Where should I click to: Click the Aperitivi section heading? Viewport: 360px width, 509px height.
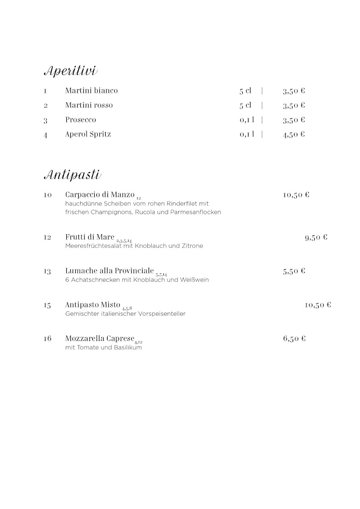point(70,71)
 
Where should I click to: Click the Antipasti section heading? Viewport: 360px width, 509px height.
point(72,174)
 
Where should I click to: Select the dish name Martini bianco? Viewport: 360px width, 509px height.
point(91,90)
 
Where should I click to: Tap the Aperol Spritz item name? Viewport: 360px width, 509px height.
point(88,134)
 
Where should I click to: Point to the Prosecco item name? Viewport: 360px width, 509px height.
point(81,120)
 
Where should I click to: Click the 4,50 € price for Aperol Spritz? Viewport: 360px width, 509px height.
point(294,134)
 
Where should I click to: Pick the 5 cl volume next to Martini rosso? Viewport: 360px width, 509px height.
point(245,105)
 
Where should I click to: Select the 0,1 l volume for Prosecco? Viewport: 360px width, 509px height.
point(247,120)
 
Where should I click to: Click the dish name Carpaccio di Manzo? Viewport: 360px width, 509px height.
point(100,195)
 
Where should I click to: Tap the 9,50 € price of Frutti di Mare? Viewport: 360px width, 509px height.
point(316,238)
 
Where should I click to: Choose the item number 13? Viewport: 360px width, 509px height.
point(47,271)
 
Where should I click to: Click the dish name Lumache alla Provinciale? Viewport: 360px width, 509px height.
point(110,271)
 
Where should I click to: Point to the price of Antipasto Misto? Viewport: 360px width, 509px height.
point(318,305)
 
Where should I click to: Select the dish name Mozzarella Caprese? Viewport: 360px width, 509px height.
point(100,338)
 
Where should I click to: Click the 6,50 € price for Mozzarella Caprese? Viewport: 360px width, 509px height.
point(294,338)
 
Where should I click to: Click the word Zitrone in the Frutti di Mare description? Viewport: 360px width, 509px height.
point(191,246)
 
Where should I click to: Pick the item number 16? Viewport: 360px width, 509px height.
point(47,338)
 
